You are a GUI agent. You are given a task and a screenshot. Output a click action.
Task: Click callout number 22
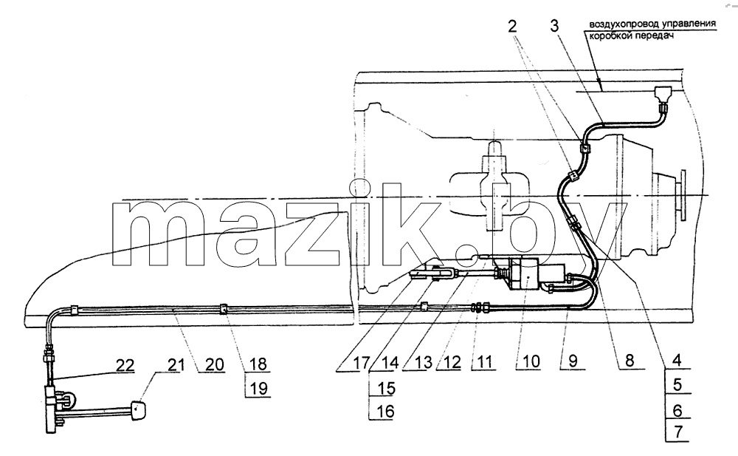(x=125, y=365)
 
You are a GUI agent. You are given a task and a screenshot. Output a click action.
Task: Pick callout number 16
(x=384, y=411)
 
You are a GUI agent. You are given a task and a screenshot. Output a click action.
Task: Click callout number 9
(x=573, y=361)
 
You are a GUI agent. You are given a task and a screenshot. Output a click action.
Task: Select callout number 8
(x=630, y=360)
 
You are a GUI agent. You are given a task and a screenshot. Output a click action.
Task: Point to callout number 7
(x=677, y=432)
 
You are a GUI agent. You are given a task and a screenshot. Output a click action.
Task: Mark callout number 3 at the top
(x=554, y=25)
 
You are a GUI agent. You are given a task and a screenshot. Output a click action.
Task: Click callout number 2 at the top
(x=512, y=25)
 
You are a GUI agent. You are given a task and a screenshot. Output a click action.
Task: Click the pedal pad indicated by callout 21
(x=137, y=409)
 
